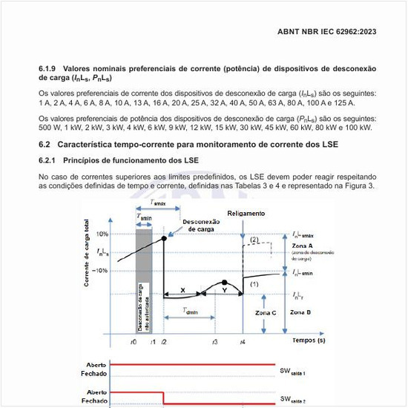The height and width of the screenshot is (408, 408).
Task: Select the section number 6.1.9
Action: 48,68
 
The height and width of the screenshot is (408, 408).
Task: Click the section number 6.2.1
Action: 48,161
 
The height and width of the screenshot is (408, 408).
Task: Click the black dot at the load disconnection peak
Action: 163,237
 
